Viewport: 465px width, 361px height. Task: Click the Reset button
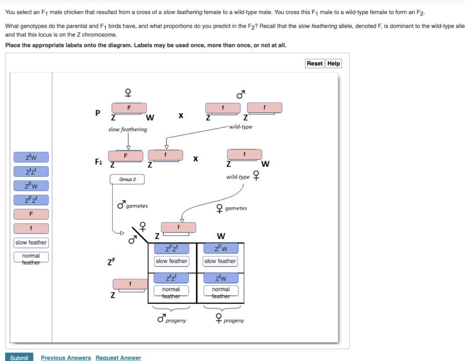[315, 64]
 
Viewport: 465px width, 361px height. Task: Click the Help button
[334, 64]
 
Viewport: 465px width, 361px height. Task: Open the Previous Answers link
[66, 358]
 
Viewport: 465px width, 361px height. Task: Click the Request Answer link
[118, 358]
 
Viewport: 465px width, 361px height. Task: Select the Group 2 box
[127, 179]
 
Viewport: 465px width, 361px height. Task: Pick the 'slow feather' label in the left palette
[31, 242]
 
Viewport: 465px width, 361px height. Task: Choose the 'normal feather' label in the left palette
[31, 259]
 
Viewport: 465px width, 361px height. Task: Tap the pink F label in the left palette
[31, 214]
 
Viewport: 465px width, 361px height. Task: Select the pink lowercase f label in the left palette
[31, 228]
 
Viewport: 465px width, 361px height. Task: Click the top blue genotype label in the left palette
[31, 158]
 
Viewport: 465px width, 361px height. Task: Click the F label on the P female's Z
[129, 108]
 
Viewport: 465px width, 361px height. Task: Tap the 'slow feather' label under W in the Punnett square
[220, 261]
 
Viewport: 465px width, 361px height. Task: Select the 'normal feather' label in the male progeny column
[171, 292]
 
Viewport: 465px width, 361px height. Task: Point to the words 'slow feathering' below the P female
[128, 129]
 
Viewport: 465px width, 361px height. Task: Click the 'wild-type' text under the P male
[241, 127]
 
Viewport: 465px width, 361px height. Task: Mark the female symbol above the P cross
[129, 93]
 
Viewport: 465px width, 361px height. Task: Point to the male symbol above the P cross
[241, 94]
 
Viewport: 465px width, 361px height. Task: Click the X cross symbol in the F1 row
[195, 159]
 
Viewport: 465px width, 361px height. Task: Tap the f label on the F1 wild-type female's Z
[244, 154]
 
